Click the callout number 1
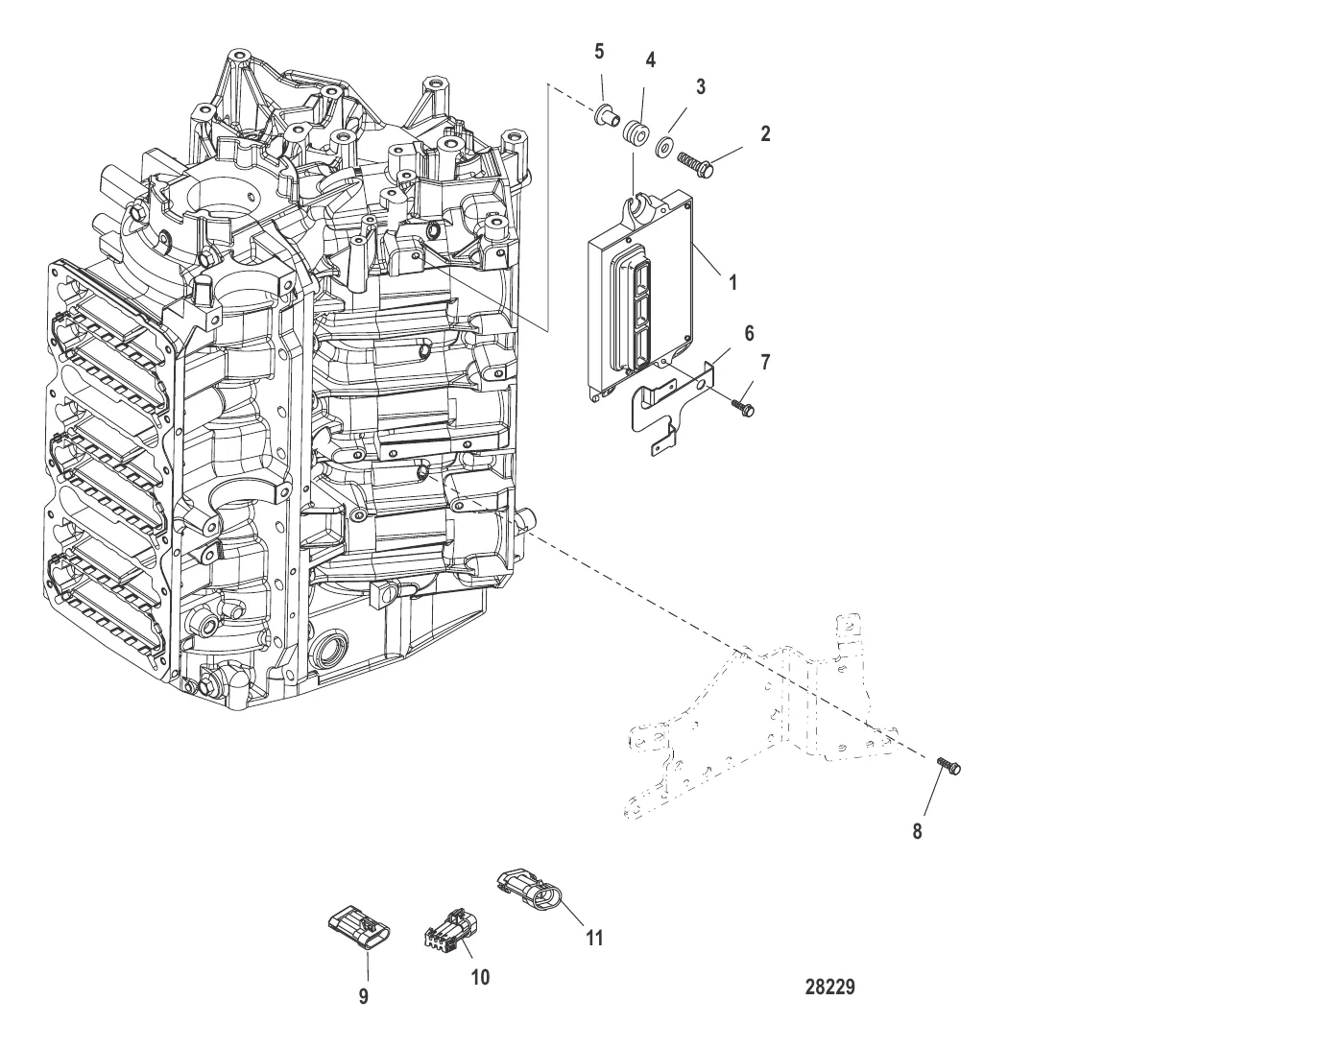point(732,283)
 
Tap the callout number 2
point(765,133)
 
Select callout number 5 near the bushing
point(599,52)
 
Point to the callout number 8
point(917,831)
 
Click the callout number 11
point(594,938)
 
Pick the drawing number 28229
point(829,987)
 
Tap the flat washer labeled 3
point(664,147)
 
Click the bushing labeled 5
point(606,115)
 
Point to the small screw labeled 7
point(743,407)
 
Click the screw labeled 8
point(949,767)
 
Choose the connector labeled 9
point(359,928)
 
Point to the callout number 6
point(749,333)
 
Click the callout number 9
point(363,996)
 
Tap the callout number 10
point(480,977)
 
